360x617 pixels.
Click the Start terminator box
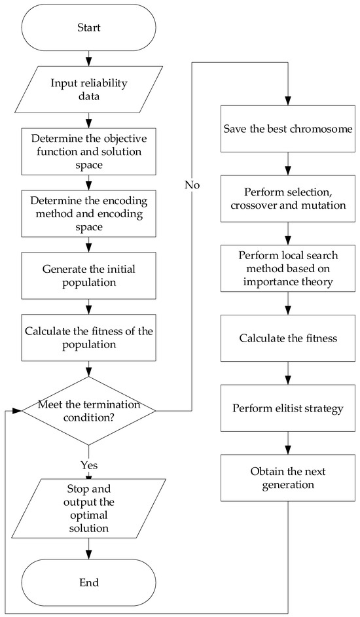point(88,29)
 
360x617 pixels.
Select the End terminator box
point(88,580)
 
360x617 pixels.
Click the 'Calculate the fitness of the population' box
point(88,338)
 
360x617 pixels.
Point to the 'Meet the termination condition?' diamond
point(88,410)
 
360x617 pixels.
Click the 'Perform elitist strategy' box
point(288,408)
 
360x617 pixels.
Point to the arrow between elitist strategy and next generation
point(288,442)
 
